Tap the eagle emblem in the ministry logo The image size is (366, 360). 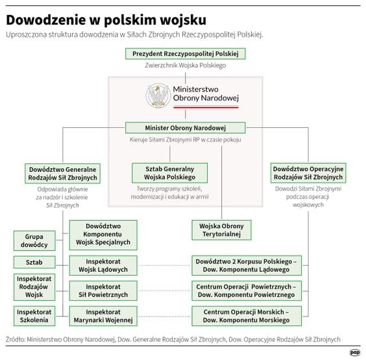(158, 97)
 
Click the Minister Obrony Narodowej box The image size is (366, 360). (185, 127)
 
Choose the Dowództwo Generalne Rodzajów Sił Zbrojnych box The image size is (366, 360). (63, 173)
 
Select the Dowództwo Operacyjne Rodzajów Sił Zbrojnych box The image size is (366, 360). (308, 173)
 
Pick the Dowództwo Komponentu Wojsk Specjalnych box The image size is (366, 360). (103, 234)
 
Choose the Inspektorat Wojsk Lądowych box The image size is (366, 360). (103, 265)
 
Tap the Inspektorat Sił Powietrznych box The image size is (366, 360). (103, 291)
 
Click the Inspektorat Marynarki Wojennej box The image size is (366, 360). (103, 316)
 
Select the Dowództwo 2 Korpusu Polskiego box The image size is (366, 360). (245, 265)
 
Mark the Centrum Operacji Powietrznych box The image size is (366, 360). (245, 291)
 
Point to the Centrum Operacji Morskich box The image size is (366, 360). (245, 316)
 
